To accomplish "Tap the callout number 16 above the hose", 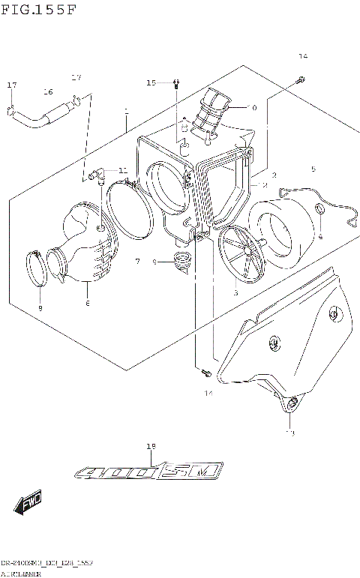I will (x=48, y=92).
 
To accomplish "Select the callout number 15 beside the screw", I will (x=150, y=82).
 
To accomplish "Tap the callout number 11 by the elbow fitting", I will (x=122, y=171).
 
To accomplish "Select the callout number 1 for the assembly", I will (x=126, y=112).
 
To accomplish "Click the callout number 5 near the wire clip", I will (x=313, y=169).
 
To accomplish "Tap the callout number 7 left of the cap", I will (x=137, y=262).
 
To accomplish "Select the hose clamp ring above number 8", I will (x=37, y=268).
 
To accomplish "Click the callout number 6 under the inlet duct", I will (x=87, y=303).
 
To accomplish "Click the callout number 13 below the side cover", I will (x=290, y=433).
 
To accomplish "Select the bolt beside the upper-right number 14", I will (x=299, y=79).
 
